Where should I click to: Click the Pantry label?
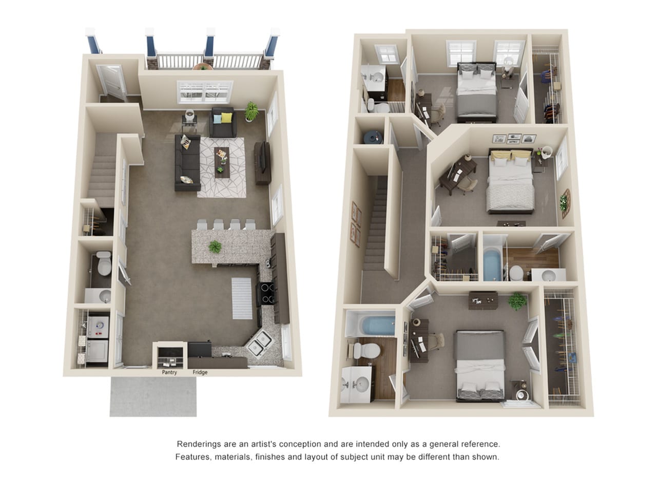[x=169, y=372]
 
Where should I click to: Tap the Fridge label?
[x=200, y=372]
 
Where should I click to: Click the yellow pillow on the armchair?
[x=226, y=118]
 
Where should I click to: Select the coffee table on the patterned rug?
[x=222, y=162]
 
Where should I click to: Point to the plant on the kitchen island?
[x=215, y=246]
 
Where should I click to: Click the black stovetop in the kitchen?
[x=266, y=293]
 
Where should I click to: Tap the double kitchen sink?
[x=259, y=343]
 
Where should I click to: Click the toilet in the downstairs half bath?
[x=103, y=263]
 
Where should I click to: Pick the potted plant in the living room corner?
[x=252, y=111]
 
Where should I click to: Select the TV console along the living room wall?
[x=262, y=163]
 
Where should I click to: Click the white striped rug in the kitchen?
[x=242, y=298]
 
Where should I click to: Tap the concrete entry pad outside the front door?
[x=153, y=396]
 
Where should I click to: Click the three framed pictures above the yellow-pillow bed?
[x=514, y=138]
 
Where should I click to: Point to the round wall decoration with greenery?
[x=565, y=203]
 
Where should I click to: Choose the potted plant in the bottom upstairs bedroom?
[x=517, y=301]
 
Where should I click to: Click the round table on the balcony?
[x=203, y=66]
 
